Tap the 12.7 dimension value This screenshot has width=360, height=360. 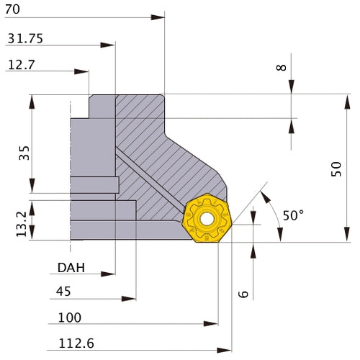click(22, 65)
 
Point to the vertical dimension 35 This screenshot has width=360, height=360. click(24, 152)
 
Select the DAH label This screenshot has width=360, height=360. click(71, 268)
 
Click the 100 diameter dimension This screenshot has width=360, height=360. click(70, 318)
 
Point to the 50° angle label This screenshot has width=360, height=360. click(294, 215)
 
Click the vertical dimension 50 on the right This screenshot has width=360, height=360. click(336, 169)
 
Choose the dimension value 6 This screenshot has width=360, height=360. click(243, 294)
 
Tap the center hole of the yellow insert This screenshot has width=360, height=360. click(207, 217)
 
